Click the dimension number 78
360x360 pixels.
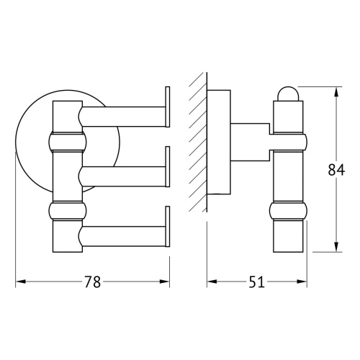coord(91,282)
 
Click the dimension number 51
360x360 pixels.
coord(255,282)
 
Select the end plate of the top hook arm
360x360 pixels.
coord(168,109)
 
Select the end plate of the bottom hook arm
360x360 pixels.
coord(168,228)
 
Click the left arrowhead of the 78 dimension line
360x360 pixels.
coord(19,282)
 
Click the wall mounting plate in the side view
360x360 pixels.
coord(219,144)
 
